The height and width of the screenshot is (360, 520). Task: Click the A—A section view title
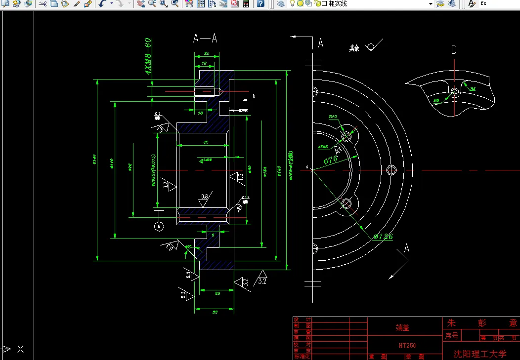(x=205, y=39)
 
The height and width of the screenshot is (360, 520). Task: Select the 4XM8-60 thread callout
(x=148, y=56)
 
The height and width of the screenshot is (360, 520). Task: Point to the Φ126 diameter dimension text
(x=384, y=237)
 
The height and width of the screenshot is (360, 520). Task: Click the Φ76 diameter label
(x=330, y=160)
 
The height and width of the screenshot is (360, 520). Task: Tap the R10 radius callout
(x=333, y=117)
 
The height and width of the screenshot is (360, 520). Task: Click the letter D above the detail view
(x=454, y=49)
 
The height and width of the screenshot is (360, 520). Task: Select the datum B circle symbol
(x=159, y=226)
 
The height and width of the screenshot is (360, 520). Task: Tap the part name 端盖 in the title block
(x=403, y=327)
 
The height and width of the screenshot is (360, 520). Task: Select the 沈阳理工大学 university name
(x=480, y=354)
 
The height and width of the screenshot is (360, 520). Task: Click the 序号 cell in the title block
(x=452, y=336)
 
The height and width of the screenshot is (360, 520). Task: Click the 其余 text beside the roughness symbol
(x=354, y=48)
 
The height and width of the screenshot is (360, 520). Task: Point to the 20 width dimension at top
(x=206, y=53)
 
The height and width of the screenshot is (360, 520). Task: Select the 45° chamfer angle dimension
(x=188, y=246)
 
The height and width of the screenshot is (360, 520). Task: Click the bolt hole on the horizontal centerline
(x=392, y=170)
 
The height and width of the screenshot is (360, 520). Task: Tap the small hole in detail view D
(x=454, y=92)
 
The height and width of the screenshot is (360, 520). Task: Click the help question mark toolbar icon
(x=260, y=4)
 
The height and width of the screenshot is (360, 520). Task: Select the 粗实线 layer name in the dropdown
(x=338, y=4)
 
